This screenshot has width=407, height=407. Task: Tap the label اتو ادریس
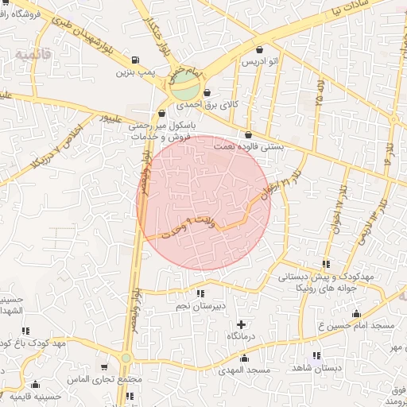tap(259, 61)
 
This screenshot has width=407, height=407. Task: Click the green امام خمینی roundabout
tap(185, 85)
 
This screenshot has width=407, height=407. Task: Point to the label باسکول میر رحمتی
tap(161, 126)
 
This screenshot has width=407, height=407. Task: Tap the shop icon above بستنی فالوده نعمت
tap(249, 134)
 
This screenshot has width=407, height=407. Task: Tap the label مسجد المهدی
tap(247, 370)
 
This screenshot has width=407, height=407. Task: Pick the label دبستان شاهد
tap(316, 368)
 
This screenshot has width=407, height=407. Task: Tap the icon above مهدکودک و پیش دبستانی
tap(326, 264)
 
